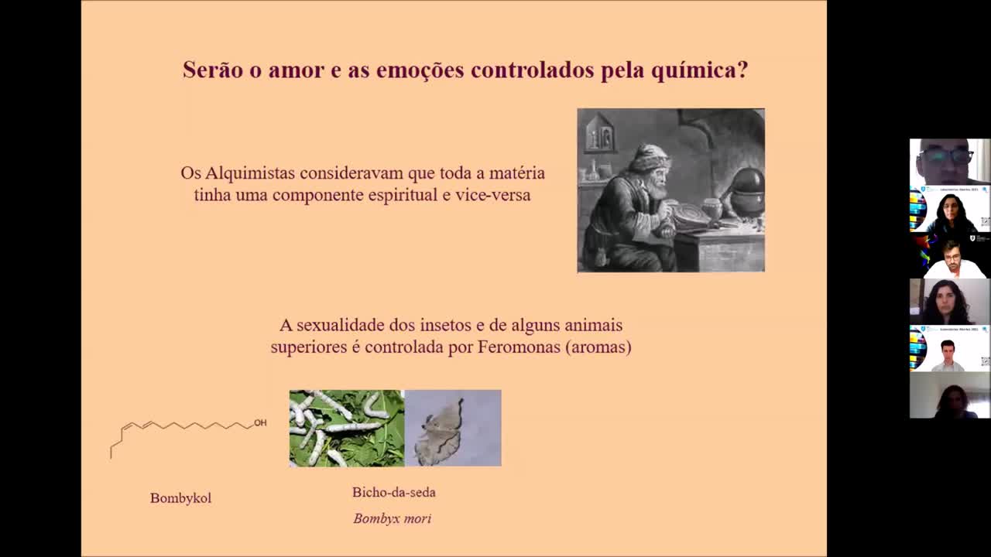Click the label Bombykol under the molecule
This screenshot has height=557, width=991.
point(180,498)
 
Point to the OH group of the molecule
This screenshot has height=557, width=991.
point(260,422)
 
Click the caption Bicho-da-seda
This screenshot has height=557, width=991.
point(393,492)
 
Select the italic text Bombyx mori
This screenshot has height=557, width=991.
point(392,518)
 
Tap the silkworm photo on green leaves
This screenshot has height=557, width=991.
point(346,428)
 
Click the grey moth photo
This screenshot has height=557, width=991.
point(453,428)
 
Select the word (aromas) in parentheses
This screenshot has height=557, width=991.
point(598,347)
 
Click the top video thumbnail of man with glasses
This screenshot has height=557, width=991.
point(949,162)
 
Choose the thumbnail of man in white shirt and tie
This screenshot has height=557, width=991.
point(949,349)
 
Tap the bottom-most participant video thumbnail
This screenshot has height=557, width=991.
point(949,395)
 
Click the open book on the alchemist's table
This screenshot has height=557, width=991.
point(691,216)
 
